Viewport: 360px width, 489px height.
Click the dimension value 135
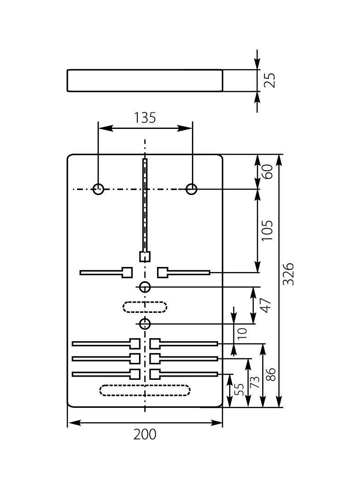[145, 118]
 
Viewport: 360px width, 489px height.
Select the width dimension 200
[145, 434]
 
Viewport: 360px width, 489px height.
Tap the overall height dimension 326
[288, 274]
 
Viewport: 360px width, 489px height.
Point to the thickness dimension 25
[270, 80]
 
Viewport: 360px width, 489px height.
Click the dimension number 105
[267, 230]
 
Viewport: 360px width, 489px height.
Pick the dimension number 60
[267, 171]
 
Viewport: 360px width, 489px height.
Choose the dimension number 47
[266, 305]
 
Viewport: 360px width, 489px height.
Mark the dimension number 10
[242, 332]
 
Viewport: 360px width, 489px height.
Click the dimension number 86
[270, 375]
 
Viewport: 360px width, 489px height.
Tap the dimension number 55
[240, 389]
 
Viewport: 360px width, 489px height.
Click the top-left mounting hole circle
[98, 189]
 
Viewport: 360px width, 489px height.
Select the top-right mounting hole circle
[191, 189]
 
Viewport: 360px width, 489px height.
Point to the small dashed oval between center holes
[145, 307]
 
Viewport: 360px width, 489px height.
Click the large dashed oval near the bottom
[145, 390]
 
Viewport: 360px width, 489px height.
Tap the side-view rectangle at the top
[145, 81]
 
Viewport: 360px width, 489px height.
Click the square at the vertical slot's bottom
[145, 256]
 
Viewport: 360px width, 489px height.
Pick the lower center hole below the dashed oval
[145, 324]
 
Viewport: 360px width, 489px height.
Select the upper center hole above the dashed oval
[145, 288]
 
